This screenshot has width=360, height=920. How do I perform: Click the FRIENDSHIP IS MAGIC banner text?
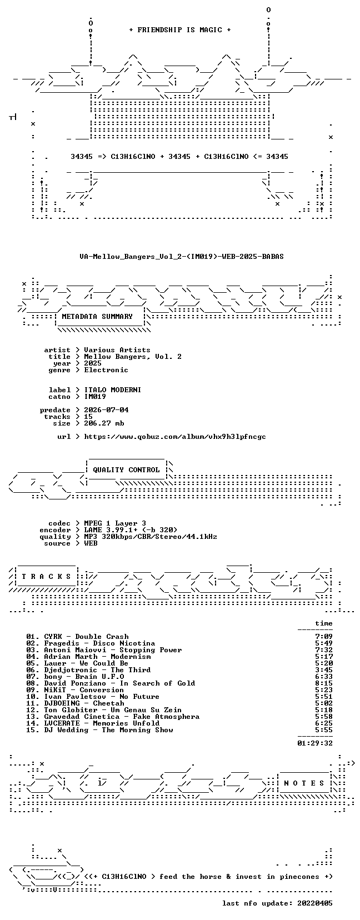[x=180, y=30]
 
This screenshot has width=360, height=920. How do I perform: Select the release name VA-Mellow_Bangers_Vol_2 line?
[x=182, y=257]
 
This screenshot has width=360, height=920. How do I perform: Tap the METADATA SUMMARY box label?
[x=97, y=317]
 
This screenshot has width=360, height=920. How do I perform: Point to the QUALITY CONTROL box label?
[x=127, y=470]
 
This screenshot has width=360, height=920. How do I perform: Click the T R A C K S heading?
[x=46, y=577]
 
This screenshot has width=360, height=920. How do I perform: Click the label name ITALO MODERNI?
[x=112, y=390]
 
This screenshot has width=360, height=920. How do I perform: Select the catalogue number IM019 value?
[x=95, y=397]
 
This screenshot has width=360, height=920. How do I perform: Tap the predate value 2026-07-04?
[x=106, y=410]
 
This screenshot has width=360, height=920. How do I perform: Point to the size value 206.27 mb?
[x=104, y=423]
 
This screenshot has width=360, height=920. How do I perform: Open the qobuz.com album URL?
[x=175, y=437]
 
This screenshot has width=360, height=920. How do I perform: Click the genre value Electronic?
[x=106, y=370]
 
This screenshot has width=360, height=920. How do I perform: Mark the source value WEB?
[x=91, y=543]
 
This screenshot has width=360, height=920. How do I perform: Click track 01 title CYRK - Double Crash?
[x=86, y=637]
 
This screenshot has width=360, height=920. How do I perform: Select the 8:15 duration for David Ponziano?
[x=324, y=683]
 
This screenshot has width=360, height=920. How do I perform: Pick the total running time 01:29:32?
[x=315, y=743]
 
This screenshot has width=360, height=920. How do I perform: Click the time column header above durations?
[x=324, y=623]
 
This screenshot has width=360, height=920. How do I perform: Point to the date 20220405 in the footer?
[x=315, y=903]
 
